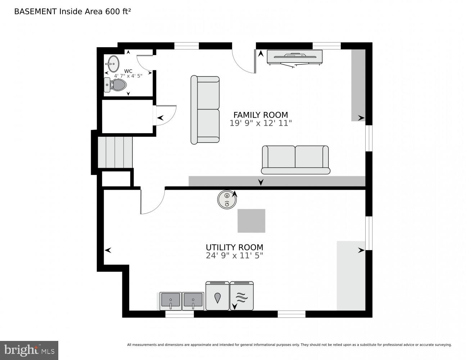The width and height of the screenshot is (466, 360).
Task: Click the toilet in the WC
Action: [x=116, y=85]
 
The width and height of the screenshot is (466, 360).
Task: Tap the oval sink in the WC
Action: [x=113, y=64]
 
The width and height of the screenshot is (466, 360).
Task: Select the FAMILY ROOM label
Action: [x=261, y=115]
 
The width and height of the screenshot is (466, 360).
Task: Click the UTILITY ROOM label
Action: [x=234, y=247]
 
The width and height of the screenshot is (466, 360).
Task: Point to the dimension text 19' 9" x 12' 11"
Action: [x=261, y=123]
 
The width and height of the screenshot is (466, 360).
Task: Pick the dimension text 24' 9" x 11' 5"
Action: [x=234, y=256]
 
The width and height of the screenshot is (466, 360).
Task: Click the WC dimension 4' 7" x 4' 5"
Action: [x=128, y=76]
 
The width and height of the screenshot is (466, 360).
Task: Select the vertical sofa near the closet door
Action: [x=205, y=110]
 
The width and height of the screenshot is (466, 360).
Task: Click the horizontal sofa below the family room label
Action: [x=295, y=159]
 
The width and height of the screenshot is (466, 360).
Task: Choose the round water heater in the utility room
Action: [x=227, y=199]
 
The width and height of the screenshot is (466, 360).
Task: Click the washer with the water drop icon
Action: [x=217, y=296]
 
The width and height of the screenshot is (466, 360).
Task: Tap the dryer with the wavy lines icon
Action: [x=242, y=296]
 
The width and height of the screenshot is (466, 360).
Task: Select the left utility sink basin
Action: [x=171, y=300]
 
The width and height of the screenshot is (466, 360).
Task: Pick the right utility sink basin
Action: [x=193, y=300]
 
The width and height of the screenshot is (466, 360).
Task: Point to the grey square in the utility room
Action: [x=251, y=221]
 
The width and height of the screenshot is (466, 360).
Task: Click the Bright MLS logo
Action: [x=29, y=350]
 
